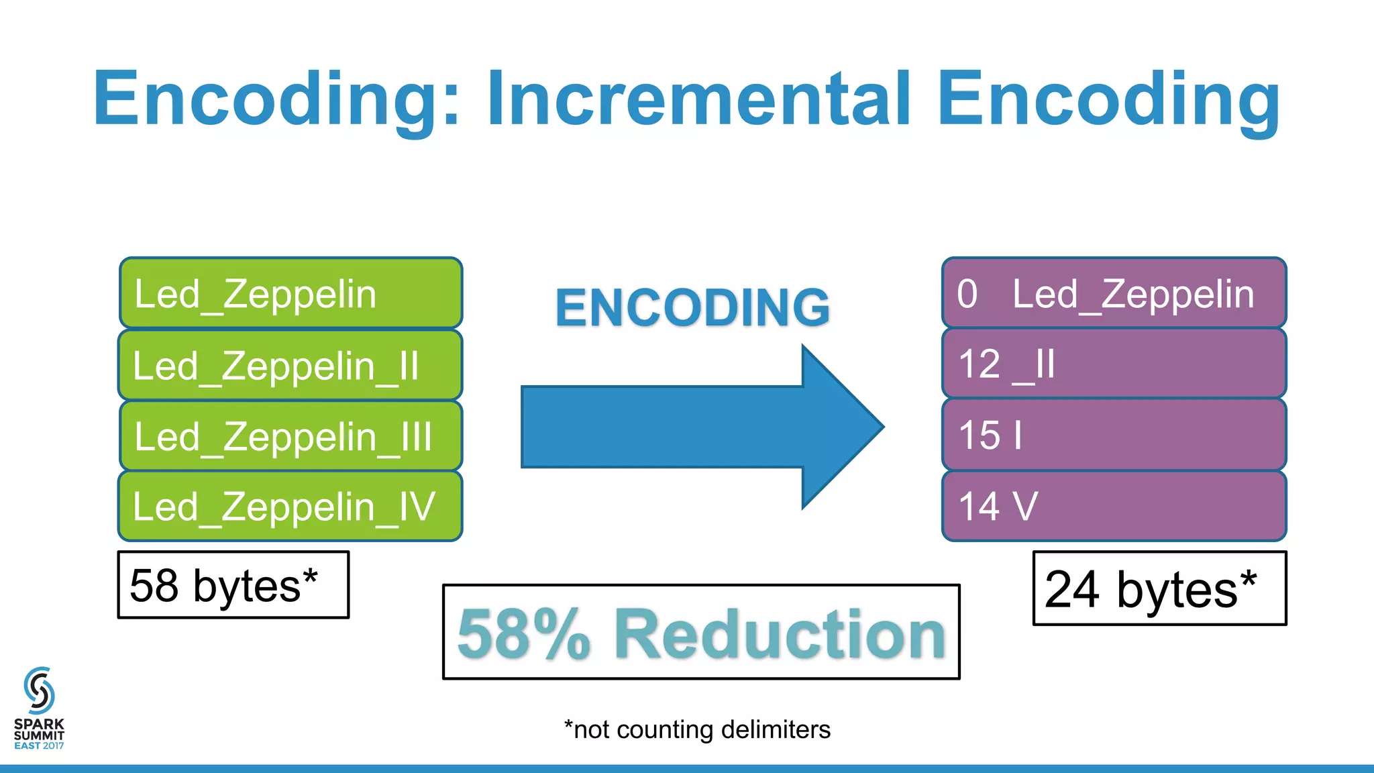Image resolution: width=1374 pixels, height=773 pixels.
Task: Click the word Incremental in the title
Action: coord(698,99)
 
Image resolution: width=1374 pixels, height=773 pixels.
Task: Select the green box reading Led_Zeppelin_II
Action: coord(290,365)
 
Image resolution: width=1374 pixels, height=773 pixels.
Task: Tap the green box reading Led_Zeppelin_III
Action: coord(290,436)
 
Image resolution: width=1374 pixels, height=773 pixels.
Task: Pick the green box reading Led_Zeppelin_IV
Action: coord(290,507)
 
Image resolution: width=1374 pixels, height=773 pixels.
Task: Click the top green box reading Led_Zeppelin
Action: coord(290,293)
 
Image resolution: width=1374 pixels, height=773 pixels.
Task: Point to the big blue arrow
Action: coord(698,427)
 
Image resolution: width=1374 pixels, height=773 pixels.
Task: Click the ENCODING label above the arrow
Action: coord(692,307)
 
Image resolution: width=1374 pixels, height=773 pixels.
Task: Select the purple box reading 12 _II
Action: coord(1114,364)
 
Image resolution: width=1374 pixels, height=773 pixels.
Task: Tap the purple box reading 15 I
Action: coord(1114,435)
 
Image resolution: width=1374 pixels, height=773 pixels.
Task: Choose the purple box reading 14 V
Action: coord(1114,506)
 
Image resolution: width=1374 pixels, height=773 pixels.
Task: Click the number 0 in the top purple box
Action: coord(967,294)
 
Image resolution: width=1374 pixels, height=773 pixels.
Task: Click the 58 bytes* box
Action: coord(233,585)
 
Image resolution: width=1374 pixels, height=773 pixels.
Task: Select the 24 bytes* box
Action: coord(1159,588)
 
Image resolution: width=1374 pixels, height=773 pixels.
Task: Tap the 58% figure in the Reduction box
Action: coord(523,634)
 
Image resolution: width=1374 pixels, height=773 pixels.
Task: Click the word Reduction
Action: coord(780,634)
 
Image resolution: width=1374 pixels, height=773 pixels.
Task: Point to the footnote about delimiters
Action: coord(697,729)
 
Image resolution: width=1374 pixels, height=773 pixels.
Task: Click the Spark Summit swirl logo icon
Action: coord(39,690)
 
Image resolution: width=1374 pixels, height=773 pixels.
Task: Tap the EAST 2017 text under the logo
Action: coord(39,745)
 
